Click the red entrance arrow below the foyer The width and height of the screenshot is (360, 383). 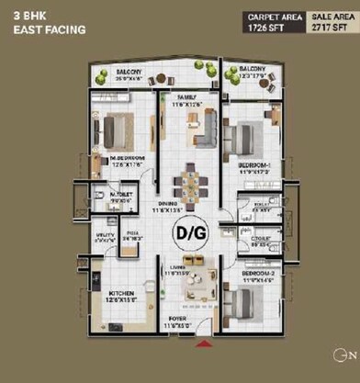click(202, 344)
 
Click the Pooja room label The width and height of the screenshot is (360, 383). click(134, 234)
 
